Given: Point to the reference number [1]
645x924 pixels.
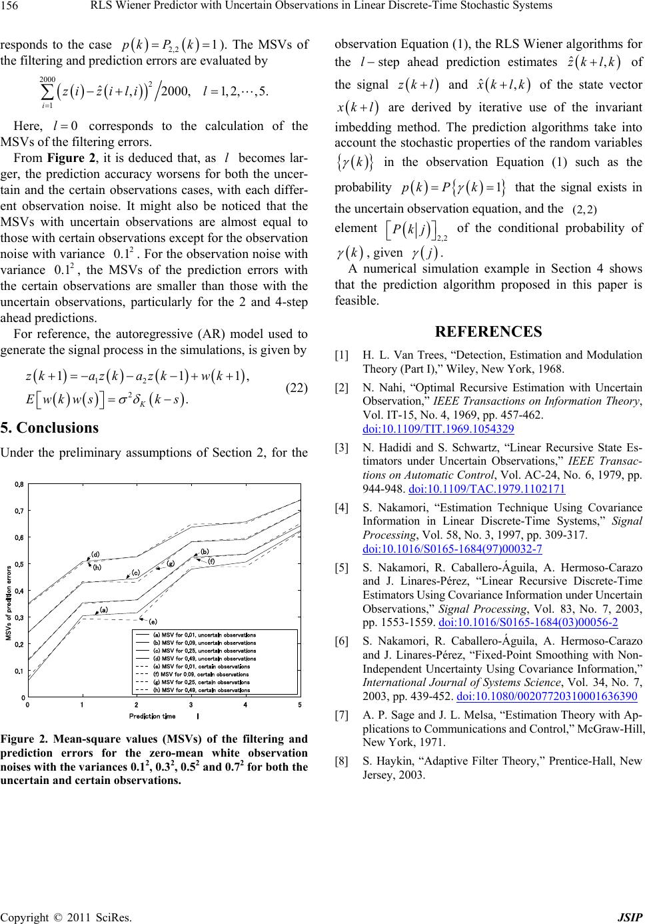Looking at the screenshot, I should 342,356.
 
